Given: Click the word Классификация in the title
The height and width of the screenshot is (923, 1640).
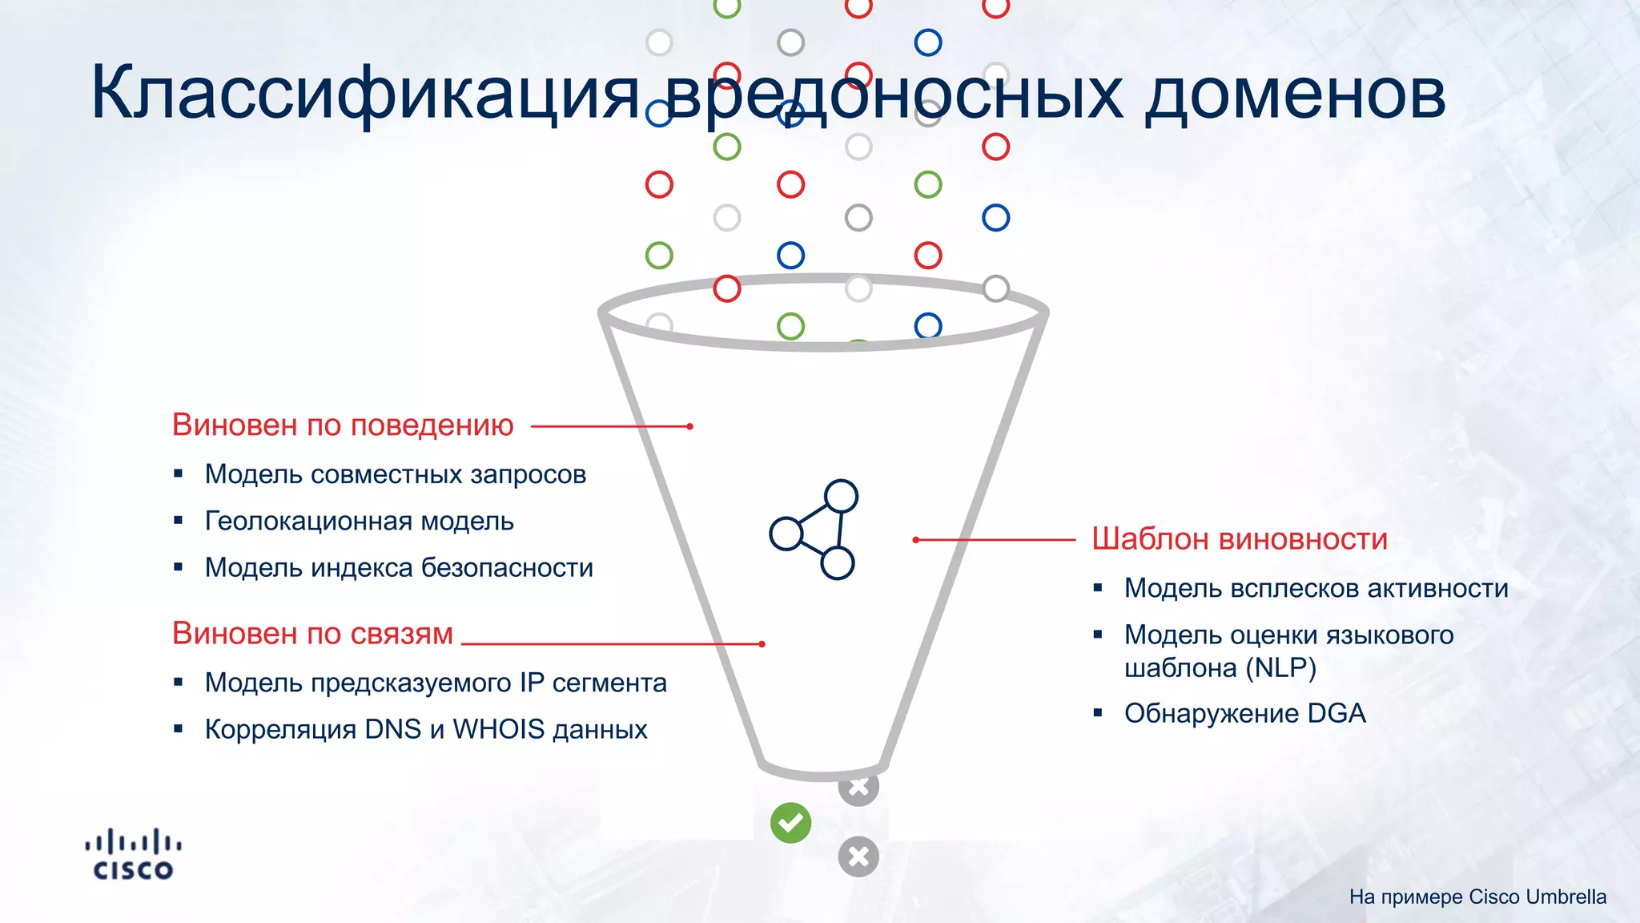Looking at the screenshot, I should click(364, 95).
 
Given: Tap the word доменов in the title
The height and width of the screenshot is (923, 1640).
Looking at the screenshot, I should click(1294, 95).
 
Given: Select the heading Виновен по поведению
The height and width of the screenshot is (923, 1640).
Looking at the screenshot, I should click(343, 425).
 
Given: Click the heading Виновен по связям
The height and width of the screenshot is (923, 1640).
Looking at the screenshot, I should click(312, 634).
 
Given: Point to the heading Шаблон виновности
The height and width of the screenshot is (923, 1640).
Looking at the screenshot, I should click(1239, 539).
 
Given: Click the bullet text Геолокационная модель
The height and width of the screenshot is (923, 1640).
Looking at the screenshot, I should click(359, 521).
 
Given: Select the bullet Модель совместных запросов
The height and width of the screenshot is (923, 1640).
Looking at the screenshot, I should click(395, 474).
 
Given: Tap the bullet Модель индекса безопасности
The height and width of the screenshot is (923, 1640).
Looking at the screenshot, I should click(399, 567).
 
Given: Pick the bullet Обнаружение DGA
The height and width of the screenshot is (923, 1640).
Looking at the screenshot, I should click(1244, 713).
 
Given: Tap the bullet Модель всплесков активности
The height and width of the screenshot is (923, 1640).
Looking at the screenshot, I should click(1316, 588).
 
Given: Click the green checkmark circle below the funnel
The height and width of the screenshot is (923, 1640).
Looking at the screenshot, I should click(790, 823).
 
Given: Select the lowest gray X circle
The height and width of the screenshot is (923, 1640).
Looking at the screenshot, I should click(858, 856).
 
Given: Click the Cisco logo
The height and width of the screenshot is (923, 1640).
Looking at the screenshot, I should click(133, 855).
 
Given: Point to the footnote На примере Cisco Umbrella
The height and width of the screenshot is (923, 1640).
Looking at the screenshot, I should click(1477, 897).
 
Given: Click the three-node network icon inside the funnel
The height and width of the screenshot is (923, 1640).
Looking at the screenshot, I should click(814, 530).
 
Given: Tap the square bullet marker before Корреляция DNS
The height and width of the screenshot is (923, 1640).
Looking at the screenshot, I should click(179, 729).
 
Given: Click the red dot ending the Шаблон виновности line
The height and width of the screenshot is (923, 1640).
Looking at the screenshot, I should click(916, 540).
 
